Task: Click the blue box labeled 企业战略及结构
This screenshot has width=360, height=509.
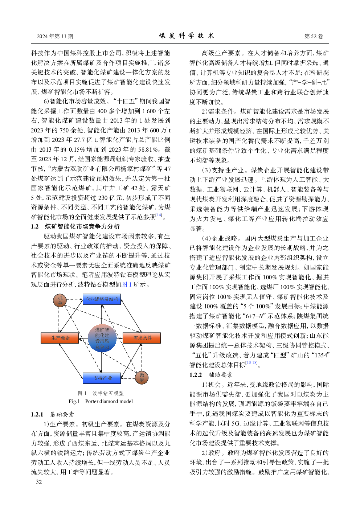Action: coord(102,299)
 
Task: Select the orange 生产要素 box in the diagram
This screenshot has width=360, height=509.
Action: coord(60,338)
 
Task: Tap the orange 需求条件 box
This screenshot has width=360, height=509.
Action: coord(142,338)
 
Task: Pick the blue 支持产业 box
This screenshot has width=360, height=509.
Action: coord(102,378)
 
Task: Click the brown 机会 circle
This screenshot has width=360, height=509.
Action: coord(60,300)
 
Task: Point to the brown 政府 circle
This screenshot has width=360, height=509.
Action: coord(142,377)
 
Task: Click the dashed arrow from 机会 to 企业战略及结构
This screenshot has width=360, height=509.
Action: coord(75,300)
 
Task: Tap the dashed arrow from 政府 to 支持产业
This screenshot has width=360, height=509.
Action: coord(127,378)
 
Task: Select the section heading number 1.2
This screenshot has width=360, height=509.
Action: coord(35,226)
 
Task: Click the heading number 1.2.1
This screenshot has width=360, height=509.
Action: coord(37,414)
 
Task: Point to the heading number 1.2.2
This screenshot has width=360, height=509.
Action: coord(196,375)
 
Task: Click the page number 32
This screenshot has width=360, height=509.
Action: coord(39,482)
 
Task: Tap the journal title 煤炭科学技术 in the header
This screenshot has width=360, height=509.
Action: coord(187,36)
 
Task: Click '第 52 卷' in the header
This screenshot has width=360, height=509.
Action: coord(314,36)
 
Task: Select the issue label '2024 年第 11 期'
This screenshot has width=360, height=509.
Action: coord(55,36)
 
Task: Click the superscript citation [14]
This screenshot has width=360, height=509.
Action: coord(159,215)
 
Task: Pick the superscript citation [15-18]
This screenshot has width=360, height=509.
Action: coord(251,362)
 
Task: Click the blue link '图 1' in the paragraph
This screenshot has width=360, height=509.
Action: coord(127,284)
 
